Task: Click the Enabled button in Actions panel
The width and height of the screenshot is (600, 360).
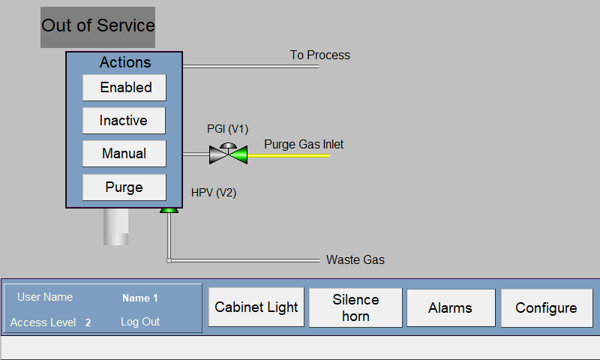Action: pos(124,88)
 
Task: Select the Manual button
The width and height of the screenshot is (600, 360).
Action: pos(124,154)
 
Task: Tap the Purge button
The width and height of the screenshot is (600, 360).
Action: pos(124,187)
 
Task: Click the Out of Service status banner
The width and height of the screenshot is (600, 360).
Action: pos(98,27)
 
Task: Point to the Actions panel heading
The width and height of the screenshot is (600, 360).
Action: pos(125,62)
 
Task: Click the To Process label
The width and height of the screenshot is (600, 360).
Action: pos(320,55)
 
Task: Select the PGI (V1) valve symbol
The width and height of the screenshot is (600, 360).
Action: pos(228,154)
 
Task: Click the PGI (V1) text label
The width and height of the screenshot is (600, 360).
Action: pos(228,129)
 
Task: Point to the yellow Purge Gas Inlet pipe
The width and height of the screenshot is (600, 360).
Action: pos(289,156)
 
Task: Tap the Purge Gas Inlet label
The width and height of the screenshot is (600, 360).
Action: pos(304,145)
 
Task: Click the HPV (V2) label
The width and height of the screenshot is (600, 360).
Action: pos(214,193)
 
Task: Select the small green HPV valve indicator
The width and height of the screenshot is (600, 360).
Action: pos(169,211)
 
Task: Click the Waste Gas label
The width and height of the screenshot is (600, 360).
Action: pos(355,259)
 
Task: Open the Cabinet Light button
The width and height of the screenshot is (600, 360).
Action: pos(256,307)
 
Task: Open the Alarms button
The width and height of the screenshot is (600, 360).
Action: pos(451,308)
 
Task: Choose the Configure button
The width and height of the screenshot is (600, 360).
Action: pos(547,308)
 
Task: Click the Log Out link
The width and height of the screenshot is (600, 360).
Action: pos(140,322)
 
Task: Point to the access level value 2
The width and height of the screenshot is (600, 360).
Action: pos(88,323)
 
